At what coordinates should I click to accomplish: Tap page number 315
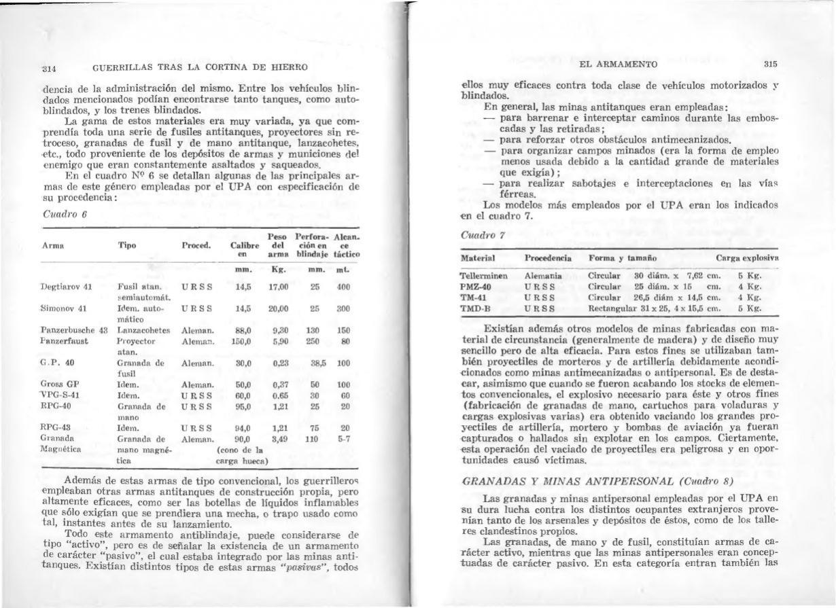coord(769,64)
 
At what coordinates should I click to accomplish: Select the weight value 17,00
coord(281,287)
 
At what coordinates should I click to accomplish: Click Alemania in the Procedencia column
coord(544,276)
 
